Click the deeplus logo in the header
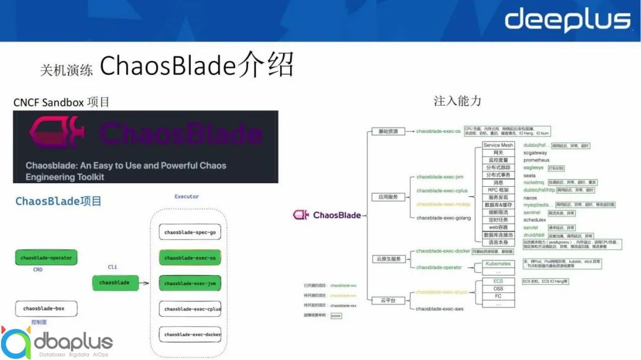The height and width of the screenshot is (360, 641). (x=567, y=20)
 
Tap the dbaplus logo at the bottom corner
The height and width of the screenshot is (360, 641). (x=57, y=343)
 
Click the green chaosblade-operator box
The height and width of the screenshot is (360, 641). (x=47, y=258)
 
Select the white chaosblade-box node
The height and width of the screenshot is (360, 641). (x=47, y=308)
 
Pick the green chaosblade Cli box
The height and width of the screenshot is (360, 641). (x=115, y=283)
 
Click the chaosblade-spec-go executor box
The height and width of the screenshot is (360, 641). (x=190, y=232)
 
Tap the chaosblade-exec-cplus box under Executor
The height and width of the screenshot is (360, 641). (x=190, y=309)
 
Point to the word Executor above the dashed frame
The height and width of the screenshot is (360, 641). (x=186, y=196)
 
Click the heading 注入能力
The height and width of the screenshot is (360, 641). (x=457, y=101)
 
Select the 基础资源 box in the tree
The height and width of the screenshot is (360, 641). (x=388, y=131)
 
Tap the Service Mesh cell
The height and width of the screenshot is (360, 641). (x=498, y=145)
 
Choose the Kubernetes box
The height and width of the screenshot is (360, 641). (x=498, y=263)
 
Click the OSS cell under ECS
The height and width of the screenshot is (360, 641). (x=498, y=289)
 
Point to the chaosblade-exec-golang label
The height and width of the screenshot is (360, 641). (x=443, y=218)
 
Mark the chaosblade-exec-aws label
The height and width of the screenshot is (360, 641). (x=440, y=309)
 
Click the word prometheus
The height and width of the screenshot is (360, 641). (x=537, y=160)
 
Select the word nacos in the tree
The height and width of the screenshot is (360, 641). (x=530, y=197)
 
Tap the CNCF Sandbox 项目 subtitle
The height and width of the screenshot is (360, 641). (x=62, y=102)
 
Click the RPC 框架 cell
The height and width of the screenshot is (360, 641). (x=498, y=190)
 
